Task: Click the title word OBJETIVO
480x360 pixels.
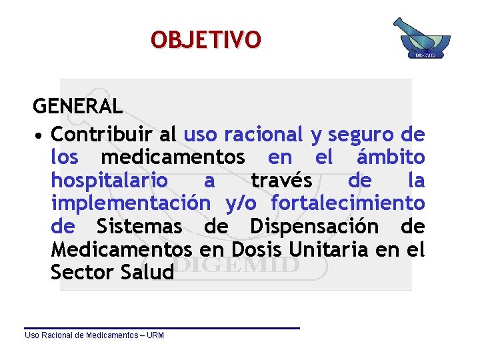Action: pos(206,39)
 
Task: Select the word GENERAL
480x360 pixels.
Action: pos(78,106)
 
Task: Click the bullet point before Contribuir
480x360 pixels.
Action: pos(40,136)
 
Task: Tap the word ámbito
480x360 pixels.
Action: pos(391,157)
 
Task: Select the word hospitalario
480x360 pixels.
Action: pos(109,181)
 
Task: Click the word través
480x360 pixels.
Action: pos(281,181)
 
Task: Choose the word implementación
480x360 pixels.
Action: pos(131,203)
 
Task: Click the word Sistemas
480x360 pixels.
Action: pos(139,227)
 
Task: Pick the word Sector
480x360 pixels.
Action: pos(78,272)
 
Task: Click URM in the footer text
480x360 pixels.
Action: pos(155,335)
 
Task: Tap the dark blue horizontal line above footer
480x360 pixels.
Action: pos(162,327)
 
